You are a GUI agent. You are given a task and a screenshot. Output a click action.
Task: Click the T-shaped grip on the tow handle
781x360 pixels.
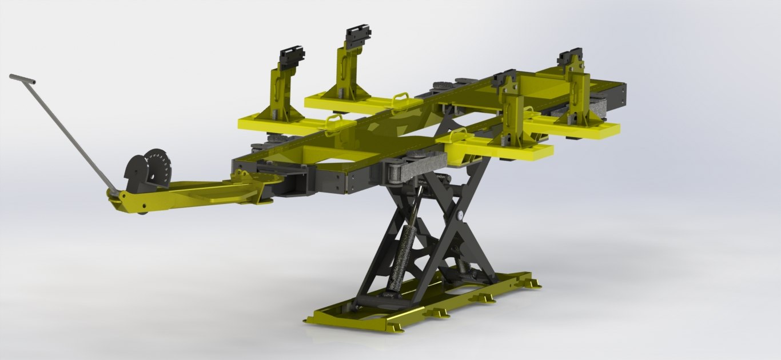[x=22, y=79]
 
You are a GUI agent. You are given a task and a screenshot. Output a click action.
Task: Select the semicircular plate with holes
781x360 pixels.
[x=157, y=167]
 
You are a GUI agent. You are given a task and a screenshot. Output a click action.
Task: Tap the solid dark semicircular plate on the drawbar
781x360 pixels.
[x=136, y=173]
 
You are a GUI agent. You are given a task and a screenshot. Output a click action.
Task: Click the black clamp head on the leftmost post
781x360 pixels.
[x=292, y=57]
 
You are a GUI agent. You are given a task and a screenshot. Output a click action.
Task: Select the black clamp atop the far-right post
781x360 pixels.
[x=570, y=57]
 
